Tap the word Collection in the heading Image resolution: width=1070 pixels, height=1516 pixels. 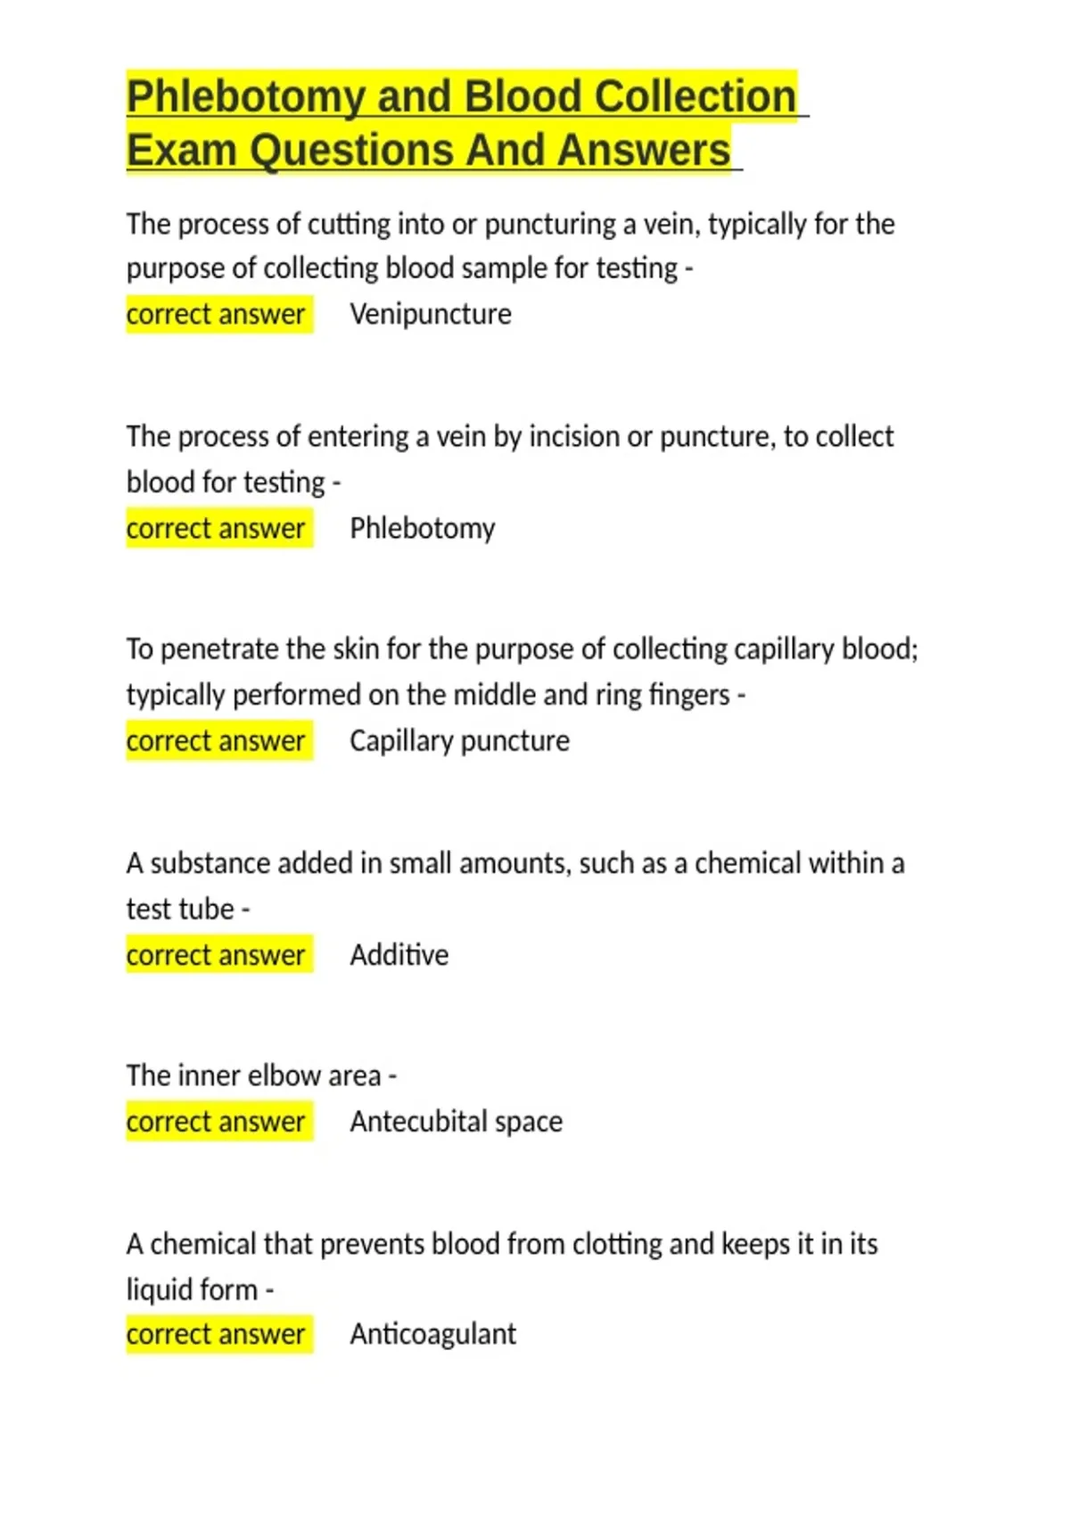695,96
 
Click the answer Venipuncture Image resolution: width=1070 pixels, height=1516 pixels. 431,314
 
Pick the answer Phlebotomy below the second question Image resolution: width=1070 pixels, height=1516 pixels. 422,528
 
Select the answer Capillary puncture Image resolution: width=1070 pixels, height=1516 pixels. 459,741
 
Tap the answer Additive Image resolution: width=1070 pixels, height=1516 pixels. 399,955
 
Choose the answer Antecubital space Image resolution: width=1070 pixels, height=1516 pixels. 456,1122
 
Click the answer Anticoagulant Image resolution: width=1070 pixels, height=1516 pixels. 432,1334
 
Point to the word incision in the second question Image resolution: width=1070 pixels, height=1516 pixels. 574,437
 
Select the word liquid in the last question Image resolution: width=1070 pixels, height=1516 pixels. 158,1289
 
